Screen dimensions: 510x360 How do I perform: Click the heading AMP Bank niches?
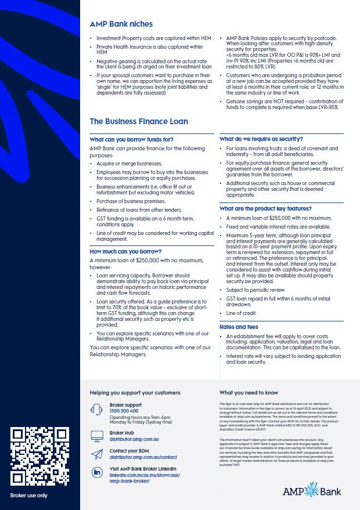(121, 24)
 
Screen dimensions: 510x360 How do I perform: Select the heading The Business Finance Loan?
(138, 122)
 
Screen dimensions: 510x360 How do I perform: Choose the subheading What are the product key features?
(265, 208)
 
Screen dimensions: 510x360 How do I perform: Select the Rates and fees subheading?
(238, 327)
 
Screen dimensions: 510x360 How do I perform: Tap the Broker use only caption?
(29, 495)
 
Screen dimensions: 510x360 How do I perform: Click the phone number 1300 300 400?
(124, 411)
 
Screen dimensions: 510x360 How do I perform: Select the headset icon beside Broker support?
(98, 409)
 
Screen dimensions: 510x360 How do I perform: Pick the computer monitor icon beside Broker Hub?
(98, 435)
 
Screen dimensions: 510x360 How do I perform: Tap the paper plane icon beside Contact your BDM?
(98, 454)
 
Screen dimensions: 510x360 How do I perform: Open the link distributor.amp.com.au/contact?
(143, 457)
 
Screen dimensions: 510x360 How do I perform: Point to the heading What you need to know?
(249, 393)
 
